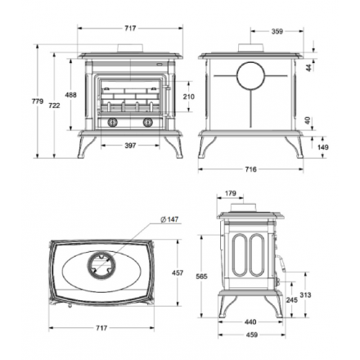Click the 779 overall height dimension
[38, 101]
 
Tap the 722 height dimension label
[54, 106]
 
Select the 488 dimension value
[70, 95]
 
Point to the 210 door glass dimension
[189, 97]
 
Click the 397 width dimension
[130, 146]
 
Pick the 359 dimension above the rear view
[277, 31]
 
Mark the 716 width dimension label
[250, 169]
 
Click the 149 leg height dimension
[323, 147]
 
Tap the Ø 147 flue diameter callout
[169, 219]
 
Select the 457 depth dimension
[178, 272]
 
